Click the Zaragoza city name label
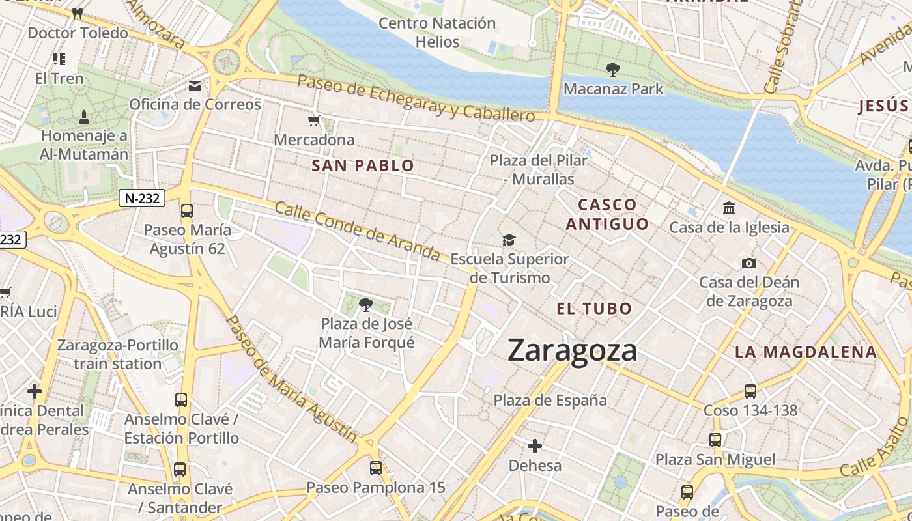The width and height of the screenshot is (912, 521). (572, 350)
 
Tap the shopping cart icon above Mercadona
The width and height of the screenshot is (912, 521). (314, 120)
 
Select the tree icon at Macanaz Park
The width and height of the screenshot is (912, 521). (612, 69)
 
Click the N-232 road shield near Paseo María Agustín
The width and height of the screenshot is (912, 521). (141, 199)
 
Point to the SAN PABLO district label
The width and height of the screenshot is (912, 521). (363, 165)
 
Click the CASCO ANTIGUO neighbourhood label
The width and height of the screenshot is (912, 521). (607, 214)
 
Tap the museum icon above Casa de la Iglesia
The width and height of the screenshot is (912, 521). (729, 208)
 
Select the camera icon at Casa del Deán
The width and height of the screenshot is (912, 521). (749, 263)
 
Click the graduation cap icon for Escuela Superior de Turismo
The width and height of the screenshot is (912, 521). (509, 240)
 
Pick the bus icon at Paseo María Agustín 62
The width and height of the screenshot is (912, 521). (187, 210)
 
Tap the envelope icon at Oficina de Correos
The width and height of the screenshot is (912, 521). (195, 85)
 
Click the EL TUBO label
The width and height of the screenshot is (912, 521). (594, 309)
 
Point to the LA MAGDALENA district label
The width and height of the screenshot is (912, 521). (806, 352)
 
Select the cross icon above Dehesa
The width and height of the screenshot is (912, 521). (535, 446)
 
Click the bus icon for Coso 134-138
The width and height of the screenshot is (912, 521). (750, 391)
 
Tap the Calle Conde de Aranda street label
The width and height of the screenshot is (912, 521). (357, 231)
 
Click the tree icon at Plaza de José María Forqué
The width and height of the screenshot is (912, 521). (366, 304)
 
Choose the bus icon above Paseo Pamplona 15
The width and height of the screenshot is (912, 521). (376, 468)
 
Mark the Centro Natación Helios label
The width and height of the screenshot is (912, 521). (437, 32)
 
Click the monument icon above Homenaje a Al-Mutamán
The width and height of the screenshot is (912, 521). (83, 117)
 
